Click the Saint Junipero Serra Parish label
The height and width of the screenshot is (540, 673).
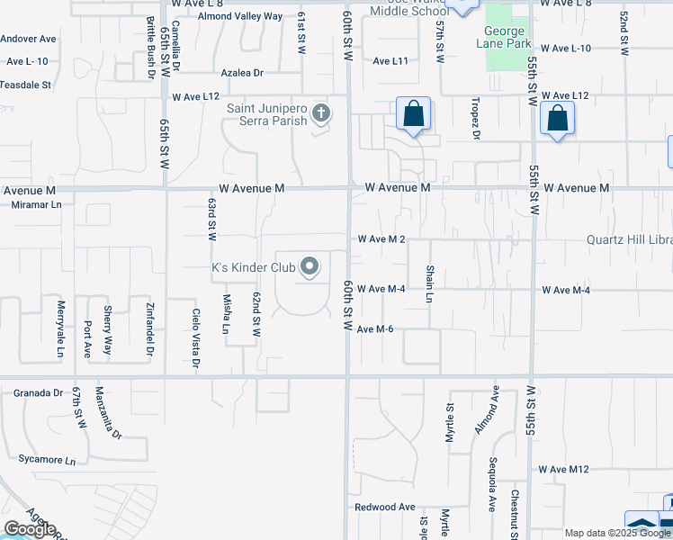tap(266, 115)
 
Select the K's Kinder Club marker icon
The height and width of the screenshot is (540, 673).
tap(310, 266)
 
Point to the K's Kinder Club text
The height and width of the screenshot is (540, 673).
tap(253, 267)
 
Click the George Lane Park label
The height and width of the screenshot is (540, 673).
tap(507, 37)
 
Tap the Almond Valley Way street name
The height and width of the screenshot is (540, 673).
tap(240, 16)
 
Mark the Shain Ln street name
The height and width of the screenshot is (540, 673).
tap(429, 283)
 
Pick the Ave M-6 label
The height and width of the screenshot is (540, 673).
tap(375, 329)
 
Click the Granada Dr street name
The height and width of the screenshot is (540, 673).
tap(39, 393)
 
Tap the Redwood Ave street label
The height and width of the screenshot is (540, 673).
tap(384, 507)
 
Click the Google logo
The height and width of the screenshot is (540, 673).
tap(30, 529)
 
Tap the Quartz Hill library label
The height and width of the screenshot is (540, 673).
tap(629, 240)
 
